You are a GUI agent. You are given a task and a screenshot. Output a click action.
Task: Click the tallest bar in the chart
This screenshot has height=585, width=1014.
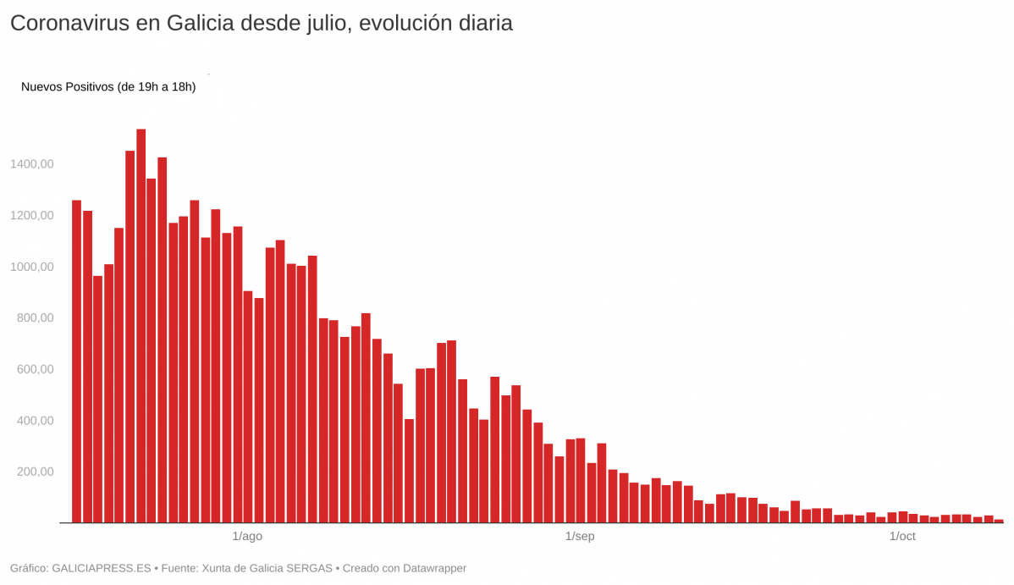click(x=141, y=326)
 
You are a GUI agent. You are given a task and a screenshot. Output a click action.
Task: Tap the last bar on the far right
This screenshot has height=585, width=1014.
click(x=999, y=521)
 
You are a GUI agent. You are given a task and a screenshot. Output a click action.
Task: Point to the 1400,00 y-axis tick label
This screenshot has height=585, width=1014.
click(x=32, y=164)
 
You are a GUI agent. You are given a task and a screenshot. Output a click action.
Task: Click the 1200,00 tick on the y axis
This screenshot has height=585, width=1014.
click(x=32, y=216)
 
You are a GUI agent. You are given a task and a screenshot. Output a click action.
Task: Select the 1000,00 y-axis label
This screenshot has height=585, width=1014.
click(x=32, y=267)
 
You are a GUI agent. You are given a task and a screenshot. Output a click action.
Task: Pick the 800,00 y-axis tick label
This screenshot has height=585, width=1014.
click(x=36, y=318)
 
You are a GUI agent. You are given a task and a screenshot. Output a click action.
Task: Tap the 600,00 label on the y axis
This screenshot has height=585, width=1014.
click(x=36, y=370)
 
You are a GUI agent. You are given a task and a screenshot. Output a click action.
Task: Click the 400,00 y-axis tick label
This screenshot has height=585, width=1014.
click(x=36, y=421)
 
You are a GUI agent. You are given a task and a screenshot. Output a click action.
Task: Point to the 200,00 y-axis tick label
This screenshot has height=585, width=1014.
click(x=36, y=472)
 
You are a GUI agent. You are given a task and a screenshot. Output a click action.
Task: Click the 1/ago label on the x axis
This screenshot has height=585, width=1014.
click(x=247, y=537)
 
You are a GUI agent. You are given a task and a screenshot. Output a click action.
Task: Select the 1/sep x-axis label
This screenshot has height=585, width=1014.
click(x=580, y=537)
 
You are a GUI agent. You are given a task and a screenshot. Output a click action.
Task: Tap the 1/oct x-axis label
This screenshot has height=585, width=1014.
click(x=902, y=537)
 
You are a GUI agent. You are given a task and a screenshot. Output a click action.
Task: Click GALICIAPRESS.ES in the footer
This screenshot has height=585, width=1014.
click(x=102, y=568)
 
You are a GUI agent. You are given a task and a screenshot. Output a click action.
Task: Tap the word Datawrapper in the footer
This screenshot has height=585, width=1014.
click(x=431, y=568)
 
